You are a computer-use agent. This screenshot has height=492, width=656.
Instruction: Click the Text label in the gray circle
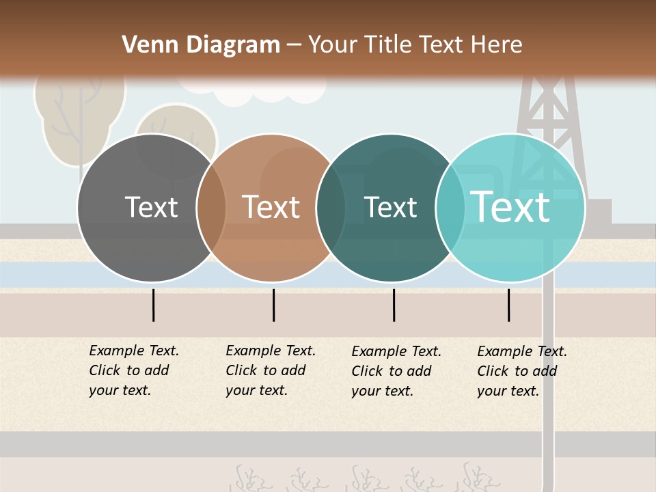tap(151, 207)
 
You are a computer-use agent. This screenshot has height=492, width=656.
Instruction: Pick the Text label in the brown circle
tap(271, 207)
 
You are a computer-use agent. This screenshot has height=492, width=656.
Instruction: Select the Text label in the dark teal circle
tap(391, 207)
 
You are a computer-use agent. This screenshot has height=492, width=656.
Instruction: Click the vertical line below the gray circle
tap(154, 305)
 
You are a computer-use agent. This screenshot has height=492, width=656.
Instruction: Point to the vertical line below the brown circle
tap(273, 305)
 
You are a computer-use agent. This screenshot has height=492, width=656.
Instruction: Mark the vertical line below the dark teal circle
tap(394, 305)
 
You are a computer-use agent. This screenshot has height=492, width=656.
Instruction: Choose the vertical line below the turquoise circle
tap(509, 305)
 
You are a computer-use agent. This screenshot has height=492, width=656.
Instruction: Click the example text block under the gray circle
tap(134, 370)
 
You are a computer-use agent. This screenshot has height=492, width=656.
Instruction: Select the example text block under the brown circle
tap(271, 370)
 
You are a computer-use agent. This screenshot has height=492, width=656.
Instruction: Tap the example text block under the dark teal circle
tap(396, 371)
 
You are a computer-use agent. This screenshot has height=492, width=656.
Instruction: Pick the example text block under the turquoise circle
tap(522, 371)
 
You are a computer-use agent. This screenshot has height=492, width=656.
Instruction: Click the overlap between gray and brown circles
tap(211, 208)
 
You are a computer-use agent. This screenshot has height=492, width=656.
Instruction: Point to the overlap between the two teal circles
tap(451, 208)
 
